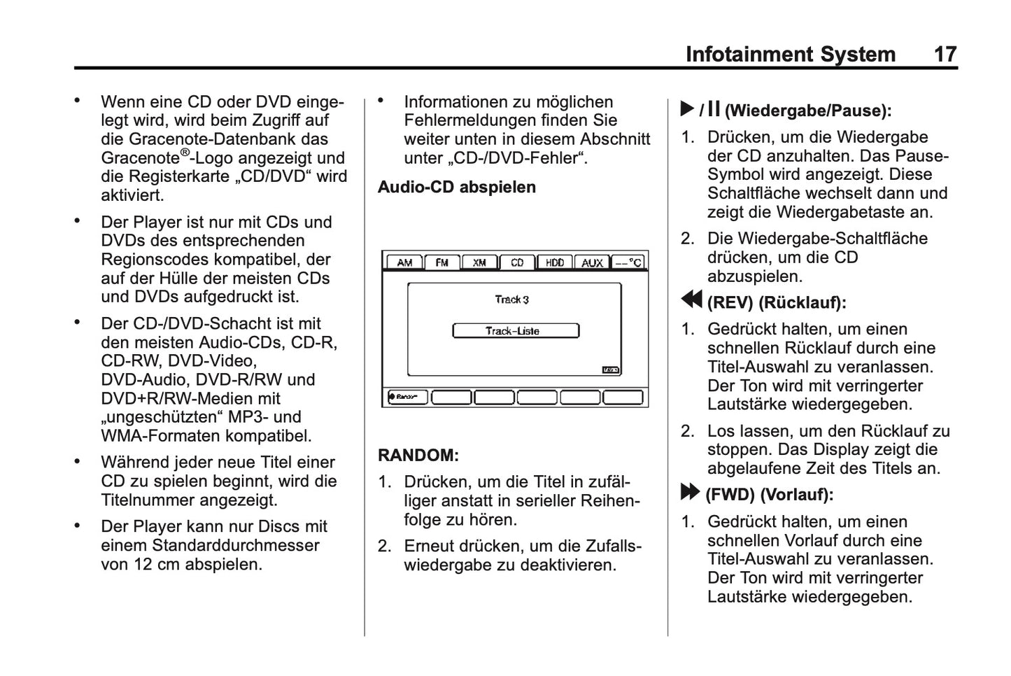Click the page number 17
point(945,54)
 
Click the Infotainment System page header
point(790,54)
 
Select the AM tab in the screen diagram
point(404,262)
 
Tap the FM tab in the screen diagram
point(441,262)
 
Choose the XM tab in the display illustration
point(479,262)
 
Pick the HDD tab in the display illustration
point(554,262)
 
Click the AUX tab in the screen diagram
point(592,262)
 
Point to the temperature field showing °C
point(629,262)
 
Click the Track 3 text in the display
point(512,300)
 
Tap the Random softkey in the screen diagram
point(407,397)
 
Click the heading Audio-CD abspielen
point(457,187)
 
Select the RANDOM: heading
point(418,455)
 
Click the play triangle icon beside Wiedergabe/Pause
point(687,110)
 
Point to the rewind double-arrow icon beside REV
point(691,300)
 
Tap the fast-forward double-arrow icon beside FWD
point(690,493)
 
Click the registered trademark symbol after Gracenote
point(185,152)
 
